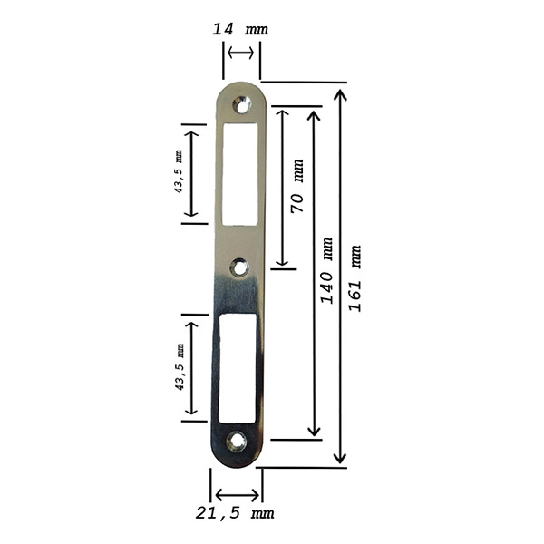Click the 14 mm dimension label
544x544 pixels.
tap(240, 29)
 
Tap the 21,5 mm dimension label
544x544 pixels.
tap(235, 513)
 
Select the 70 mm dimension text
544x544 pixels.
tap(297, 186)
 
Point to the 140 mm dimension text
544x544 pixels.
tap(326, 270)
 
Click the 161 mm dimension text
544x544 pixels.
tap(355, 278)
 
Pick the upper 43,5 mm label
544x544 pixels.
tap(178, 171)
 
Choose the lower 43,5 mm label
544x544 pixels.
tap(180, 366)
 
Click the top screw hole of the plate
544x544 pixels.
tap(242, 105)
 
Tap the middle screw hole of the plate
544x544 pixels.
tap(239, 267)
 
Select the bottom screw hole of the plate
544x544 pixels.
tap(237, 442)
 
